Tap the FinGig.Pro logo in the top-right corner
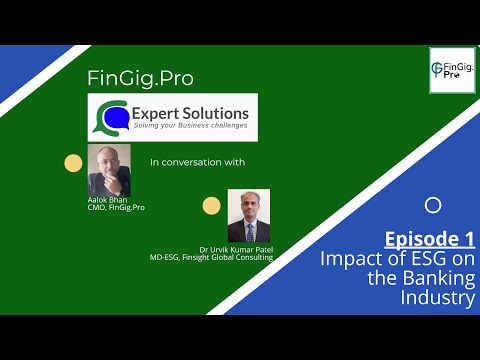tap(451, 70)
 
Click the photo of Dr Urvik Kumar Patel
tap(248, 215)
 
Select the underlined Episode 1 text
tap(430, 240)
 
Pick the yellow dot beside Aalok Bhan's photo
tap(73, 164)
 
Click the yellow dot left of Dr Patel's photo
tap(211, 206)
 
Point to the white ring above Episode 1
tap(432, 206)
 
